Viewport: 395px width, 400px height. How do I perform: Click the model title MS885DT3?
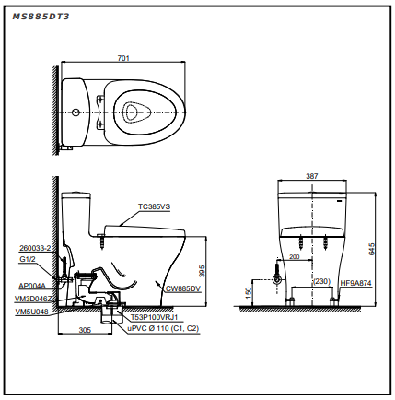(41, 17)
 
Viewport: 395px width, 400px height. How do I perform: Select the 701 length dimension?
(123, 58)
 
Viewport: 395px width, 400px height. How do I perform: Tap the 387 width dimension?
(312, 176)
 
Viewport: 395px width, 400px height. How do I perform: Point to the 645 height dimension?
(372, 249)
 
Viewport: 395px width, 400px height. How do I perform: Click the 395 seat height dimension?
(202, 271)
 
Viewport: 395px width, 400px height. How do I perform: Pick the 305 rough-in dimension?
(85, 330)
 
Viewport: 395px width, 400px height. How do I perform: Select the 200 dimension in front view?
(294, 256)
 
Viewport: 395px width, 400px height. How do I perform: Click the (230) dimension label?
(321, 281)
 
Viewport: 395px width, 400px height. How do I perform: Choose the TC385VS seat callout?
(154, 206)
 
